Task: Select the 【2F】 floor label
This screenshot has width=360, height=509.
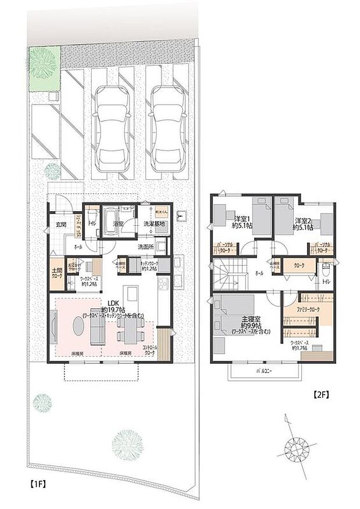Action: coord(321,395)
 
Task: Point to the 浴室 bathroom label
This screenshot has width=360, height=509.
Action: coord(119,223)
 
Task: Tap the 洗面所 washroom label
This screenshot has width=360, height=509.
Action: coord(145,247)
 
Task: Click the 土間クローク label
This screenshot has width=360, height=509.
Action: coord(57,273)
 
